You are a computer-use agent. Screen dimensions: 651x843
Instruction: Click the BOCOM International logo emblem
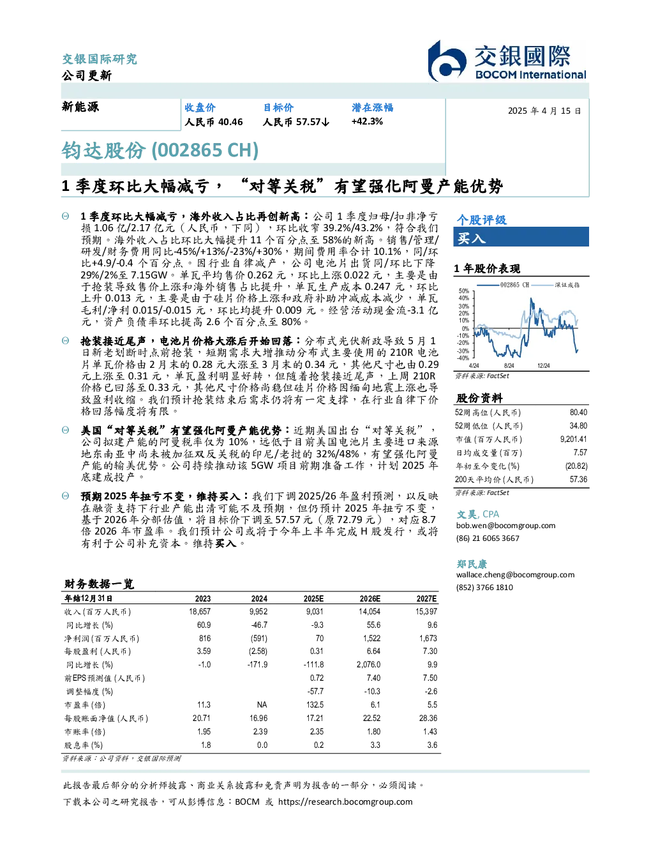[447, 61]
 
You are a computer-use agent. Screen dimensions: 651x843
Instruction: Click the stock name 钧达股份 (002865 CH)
[160, 151]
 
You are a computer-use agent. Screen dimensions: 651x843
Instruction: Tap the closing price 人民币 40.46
[214, 122]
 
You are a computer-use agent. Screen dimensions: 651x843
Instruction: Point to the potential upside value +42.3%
[367, 122]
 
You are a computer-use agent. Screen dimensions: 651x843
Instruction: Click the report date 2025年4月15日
[544, 111]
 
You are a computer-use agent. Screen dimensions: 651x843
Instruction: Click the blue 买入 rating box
[521, 237]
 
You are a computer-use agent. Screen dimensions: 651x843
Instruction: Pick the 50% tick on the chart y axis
[464, 291]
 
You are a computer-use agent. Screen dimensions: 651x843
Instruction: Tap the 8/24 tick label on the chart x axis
[509, 365]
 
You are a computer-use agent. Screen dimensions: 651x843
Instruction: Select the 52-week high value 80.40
[578, 413]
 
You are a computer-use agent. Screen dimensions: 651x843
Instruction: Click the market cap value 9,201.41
[573, 439]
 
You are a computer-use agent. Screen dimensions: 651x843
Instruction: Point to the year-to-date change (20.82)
[576, 466]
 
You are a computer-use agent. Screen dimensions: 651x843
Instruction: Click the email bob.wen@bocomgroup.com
[505, 526]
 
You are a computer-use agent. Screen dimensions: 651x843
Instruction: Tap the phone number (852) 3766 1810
[484, 588]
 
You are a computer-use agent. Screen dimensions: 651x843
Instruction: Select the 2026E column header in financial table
[370, 598]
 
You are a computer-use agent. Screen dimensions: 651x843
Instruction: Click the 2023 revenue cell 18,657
[200, 612]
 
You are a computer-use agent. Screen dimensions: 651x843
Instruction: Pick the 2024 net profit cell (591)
[258, 638]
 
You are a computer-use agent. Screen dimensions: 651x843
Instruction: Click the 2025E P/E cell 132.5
[315, 704]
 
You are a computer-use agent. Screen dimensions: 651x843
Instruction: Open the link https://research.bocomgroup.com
[345, 802]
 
